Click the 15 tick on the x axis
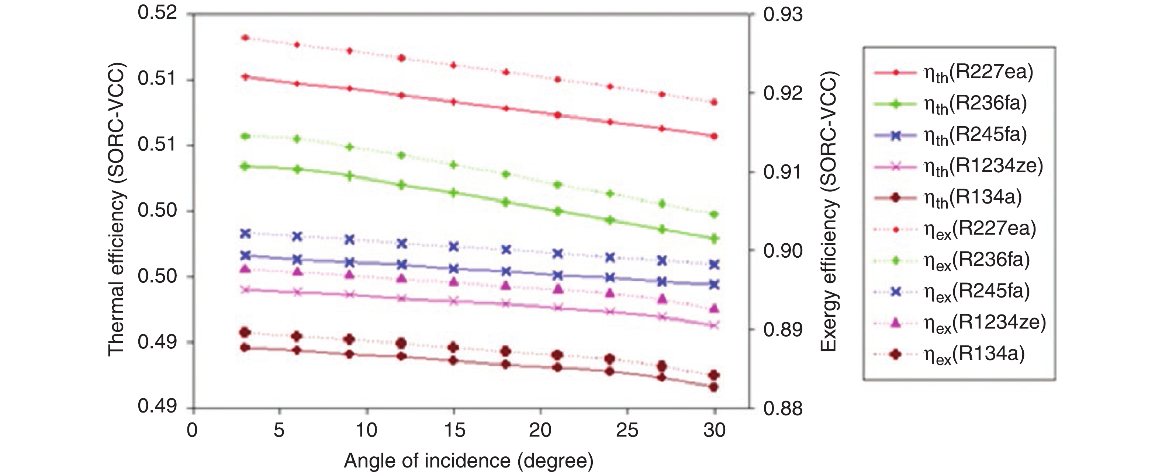tap(454, 431)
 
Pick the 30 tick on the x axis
tap(715, 431)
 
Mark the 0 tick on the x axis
tap(193, 431)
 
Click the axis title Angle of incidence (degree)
tap(468, 461)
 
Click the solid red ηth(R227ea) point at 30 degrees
tap(714, 136)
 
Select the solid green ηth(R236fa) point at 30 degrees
tap(714, 239)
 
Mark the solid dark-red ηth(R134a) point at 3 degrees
tap(246, 348)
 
